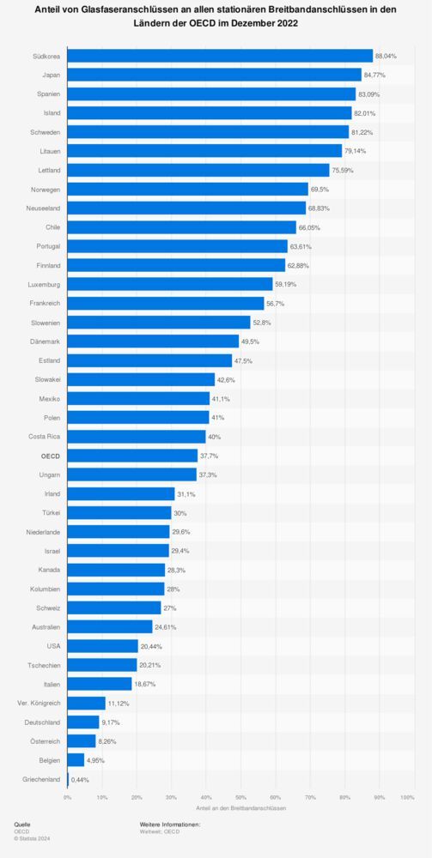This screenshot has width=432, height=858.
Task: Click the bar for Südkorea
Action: [x=220, y=56]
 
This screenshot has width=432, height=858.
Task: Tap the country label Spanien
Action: [x=49, y=94]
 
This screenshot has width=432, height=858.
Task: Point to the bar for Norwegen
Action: [x=187, y=189]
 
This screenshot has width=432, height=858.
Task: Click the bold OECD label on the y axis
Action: [x=50, y=456]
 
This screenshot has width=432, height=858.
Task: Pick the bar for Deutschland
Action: [x=83, y=722]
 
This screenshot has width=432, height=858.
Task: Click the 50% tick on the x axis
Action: [x=240, y=797]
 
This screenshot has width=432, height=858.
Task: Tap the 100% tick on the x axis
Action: [x=407, y=797]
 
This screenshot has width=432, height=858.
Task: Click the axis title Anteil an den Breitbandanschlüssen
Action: [x=240, y=808]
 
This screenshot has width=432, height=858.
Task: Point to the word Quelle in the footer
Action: [x=22, y=824]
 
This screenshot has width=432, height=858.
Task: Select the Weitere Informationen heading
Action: [x=170, y=824]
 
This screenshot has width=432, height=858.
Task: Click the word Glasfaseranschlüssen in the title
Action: [x=126, y=11]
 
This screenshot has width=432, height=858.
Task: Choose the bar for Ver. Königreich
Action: [x=86, y=703]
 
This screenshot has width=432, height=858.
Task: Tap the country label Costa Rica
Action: [x=45, y=437]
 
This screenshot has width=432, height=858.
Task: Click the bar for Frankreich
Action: [x=166, y=304]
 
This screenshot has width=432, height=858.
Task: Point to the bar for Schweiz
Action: [x=114, y=607]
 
